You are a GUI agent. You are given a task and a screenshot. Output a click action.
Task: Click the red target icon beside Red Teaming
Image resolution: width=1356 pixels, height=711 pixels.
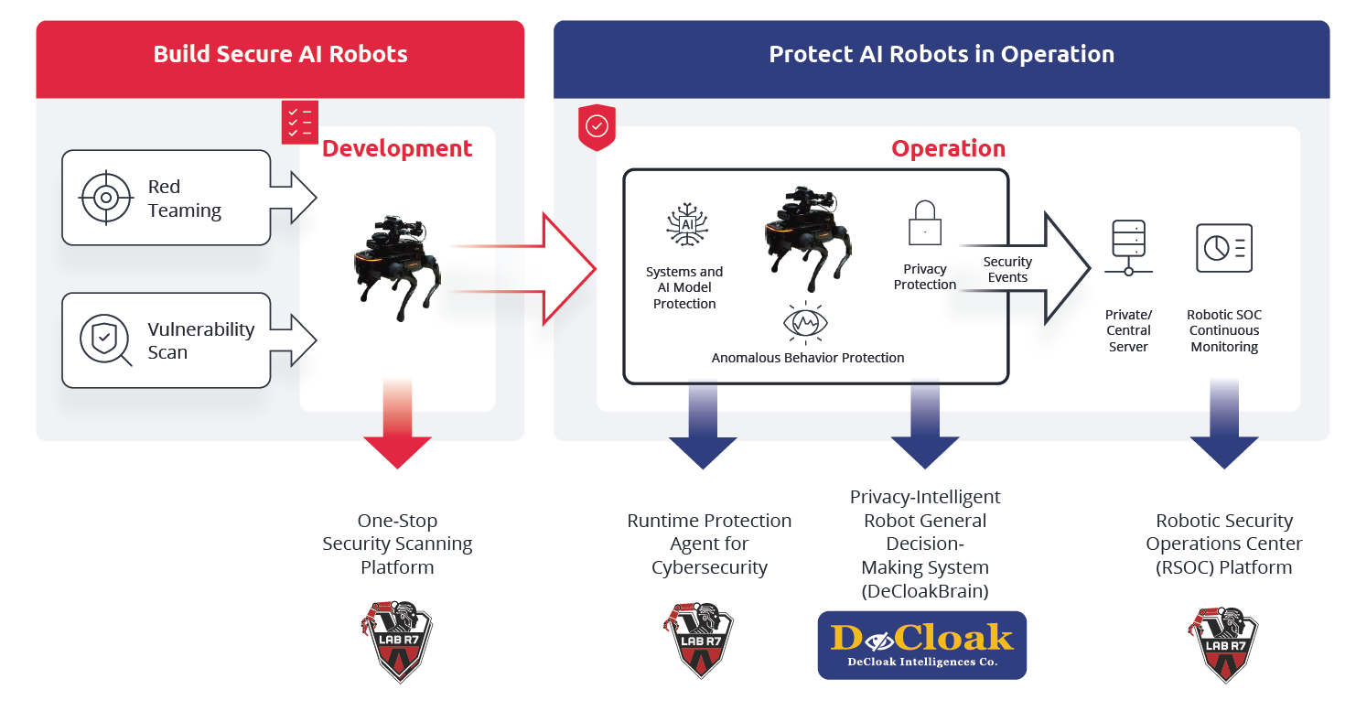pyautogui.click(x=106, y=198)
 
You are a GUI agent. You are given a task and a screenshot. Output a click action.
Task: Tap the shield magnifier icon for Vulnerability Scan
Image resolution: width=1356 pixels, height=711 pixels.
pyautogui.click(x=105, y=340)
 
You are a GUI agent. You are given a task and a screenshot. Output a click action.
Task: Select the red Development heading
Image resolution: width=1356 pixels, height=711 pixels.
pyautogui.click(x=397, y=148)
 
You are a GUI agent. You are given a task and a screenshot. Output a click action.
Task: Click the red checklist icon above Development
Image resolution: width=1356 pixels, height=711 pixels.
pyautogui.click(x=299, y=123)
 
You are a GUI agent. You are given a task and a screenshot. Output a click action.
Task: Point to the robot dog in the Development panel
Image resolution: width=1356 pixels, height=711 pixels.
pyautogui.click(x=396, y=265)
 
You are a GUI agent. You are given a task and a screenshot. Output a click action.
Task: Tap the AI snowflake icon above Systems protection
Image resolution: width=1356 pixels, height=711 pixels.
pyautogui.click(x=685, y=226)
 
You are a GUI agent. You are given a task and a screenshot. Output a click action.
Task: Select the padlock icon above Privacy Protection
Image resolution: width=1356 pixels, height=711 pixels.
pyautogui.click(x=924, y=224)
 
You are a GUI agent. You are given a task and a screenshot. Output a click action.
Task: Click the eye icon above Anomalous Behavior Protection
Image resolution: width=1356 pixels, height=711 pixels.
pyautogui.click(x=807, y=322)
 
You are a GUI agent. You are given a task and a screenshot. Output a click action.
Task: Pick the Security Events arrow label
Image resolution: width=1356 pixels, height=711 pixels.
pyautogui.click(x=1007, y=270)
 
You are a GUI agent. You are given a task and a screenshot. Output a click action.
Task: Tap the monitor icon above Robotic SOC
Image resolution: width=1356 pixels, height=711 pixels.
pyautogui.click(x=1223, y=247)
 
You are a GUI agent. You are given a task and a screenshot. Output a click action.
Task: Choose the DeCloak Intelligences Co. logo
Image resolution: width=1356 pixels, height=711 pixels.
pyautogui.click(x=921, y=645)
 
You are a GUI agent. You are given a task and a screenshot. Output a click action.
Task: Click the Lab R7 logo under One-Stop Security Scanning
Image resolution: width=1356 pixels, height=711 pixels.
pyautogui.click(x=397, y=641)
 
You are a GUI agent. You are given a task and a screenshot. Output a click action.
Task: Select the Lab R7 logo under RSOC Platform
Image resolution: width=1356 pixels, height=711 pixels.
pyautogui.click(x=1223, y=641)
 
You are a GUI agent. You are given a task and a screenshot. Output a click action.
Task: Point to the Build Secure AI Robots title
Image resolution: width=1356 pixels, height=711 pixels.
pyautogui.click(x=280, y=54)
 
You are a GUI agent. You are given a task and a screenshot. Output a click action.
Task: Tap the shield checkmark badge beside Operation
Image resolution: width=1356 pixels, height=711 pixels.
pyautogui.click(x=597, y=126)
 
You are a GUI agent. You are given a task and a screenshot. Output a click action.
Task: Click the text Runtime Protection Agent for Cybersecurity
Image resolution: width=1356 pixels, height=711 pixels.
pyautogui.click(x=709, y=544)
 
